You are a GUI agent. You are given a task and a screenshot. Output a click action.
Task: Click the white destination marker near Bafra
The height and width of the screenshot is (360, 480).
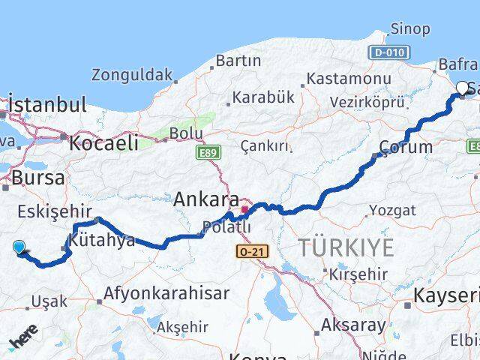[462, 88]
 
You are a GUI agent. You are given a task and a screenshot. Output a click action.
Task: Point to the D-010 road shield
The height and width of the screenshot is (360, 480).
[388, 52]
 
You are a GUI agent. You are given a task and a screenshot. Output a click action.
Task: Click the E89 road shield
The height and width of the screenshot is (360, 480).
[208, 153]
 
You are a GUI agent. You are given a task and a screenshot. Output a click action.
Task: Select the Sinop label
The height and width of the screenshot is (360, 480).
[409, 29]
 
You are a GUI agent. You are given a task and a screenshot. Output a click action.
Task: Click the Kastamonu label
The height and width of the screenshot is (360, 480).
[349, 78]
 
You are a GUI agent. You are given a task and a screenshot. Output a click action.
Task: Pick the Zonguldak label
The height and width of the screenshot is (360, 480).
[132, 75]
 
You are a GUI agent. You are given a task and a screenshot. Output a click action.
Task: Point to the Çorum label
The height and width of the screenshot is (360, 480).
[406, 147]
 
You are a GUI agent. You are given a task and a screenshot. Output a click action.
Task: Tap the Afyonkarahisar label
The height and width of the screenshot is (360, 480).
[166, 293]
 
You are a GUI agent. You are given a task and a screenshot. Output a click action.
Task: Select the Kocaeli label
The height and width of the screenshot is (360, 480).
[104, 142]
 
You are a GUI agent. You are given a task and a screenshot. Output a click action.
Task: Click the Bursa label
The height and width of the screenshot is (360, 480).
[37, 178]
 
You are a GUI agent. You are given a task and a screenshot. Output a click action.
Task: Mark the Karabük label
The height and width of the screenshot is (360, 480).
[263, 97]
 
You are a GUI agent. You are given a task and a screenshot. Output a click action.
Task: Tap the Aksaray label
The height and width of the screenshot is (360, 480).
[353, 325]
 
